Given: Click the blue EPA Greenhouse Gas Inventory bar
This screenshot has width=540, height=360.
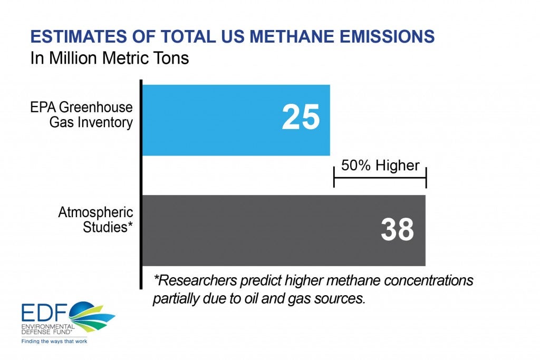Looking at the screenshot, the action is [x=236, y=120].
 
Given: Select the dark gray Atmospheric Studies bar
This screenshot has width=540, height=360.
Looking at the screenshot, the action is [x=284, y=230].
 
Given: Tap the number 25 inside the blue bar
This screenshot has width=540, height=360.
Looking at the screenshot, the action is [x=301, y=117].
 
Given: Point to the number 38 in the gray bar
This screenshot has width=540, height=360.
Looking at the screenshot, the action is [x=397, y=229].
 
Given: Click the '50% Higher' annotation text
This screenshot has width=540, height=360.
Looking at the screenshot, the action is [x=380, y=166].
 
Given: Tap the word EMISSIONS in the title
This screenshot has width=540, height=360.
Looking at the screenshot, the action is [x=387, y=36].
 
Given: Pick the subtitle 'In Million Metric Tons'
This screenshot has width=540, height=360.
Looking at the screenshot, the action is [x=110, y=58].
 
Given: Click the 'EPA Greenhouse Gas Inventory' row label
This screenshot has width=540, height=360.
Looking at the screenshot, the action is [x=82, y=114].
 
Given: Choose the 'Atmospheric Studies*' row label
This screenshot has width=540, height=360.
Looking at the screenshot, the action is [x=96, y=220].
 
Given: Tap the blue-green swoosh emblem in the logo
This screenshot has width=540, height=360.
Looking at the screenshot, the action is [x=91, y=316].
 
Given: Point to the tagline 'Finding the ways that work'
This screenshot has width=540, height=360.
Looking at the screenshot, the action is [x=54, y=342].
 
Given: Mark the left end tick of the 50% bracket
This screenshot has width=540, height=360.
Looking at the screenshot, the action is [x=334, y=177].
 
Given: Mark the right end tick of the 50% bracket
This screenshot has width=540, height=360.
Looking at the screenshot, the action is [x=426, y=178].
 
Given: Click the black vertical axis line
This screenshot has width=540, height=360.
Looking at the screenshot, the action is [x=141, y=184].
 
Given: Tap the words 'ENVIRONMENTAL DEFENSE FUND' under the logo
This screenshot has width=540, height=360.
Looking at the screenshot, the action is [x=48, y=329].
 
